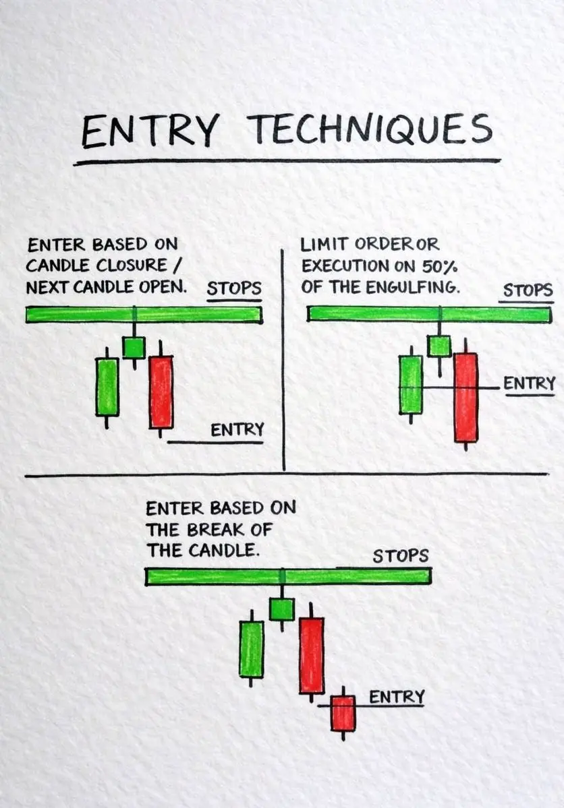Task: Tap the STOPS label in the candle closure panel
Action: [234, 288]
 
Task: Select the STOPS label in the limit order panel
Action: [528, 290]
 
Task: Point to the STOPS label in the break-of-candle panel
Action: [401, 555]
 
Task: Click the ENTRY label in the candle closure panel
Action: [237, 429]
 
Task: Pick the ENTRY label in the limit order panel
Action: [530, 383]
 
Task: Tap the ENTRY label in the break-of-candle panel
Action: [397, 697]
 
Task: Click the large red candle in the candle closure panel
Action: [161, 392]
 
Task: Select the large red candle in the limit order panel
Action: [466, 397]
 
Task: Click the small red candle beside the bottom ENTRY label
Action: [343, 713]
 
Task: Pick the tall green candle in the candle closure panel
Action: [107, 387]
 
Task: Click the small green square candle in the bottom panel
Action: [282, 609]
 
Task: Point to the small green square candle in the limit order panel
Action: [440, 346]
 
